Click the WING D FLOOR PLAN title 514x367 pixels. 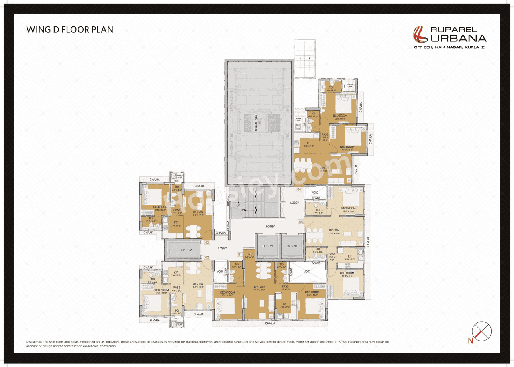69,30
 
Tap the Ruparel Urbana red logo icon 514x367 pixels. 420,34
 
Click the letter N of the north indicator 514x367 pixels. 470,341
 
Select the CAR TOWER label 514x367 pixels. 255,122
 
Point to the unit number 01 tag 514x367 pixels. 240,254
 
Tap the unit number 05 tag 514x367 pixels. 300,221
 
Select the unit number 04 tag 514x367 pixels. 299,189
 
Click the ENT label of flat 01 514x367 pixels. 249,254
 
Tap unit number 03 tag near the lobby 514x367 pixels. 207,243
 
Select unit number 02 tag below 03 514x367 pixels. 207,257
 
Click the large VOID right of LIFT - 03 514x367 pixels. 307,272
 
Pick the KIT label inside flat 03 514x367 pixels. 175,223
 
